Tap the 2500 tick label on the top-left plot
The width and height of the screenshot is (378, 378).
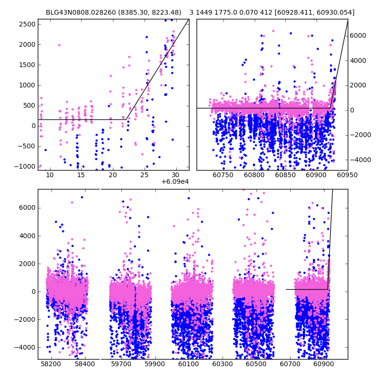(27, 24)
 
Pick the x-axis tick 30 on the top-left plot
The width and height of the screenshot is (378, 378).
(176, 175)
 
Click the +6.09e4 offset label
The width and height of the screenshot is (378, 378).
(175, 182)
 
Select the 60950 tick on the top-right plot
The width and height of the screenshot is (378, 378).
(348, 175)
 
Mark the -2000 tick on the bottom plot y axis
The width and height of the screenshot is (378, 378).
(26, 319)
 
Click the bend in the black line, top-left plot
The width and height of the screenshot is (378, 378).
(127, 120)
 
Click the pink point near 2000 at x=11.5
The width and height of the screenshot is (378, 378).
(59, 45)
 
